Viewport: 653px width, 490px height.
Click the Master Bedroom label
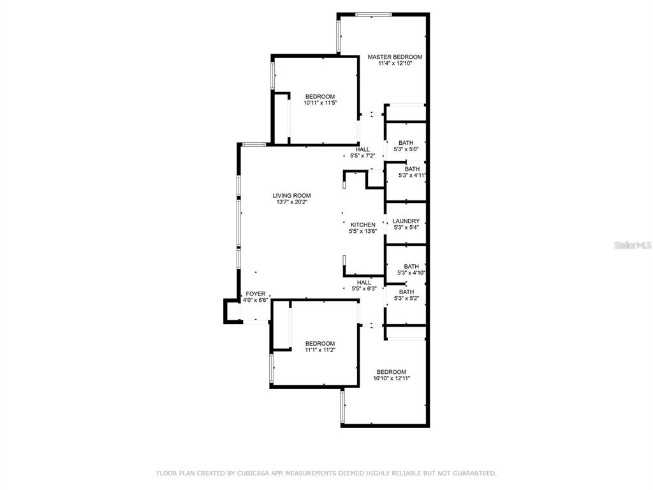pos(395,57)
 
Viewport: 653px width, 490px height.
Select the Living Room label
pos(291,196)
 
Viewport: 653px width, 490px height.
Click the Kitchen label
pos(363,225)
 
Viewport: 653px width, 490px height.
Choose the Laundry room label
pos(406,221)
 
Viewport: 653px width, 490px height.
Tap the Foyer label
pos(256,293)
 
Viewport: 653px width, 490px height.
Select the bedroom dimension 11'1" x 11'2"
pos(319,350)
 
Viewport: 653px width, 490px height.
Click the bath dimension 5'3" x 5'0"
pos(406,149)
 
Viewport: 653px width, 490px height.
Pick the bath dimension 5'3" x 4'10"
pos(411,273)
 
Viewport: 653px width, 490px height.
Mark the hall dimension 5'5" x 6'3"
pos(364,288)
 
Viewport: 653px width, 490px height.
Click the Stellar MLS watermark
pos(633,244)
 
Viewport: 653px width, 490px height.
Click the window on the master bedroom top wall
pos(374,14)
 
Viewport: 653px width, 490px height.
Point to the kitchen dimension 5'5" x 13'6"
pos(363,231)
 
